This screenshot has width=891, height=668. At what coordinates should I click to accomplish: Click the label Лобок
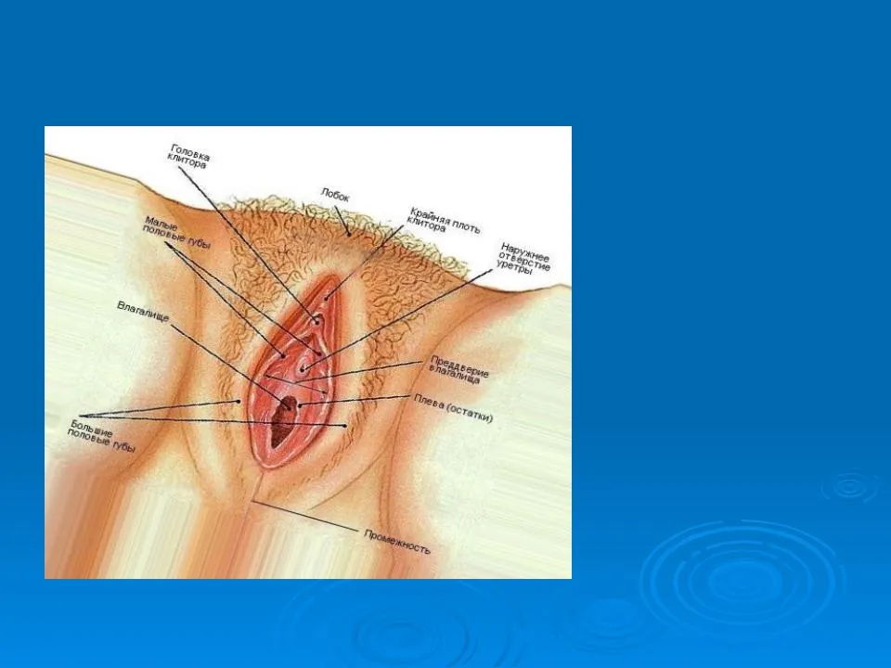point(335,196)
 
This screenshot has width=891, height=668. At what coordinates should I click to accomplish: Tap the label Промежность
point(397,541)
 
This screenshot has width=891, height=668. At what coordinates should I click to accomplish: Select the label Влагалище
point(143,312)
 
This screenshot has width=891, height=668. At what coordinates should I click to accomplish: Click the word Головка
point(190,152)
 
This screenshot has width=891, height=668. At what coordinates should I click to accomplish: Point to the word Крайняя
point(429,217)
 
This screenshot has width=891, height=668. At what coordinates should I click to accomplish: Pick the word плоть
point(466,226)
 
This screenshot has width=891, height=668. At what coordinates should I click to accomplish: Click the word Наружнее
point(525,252)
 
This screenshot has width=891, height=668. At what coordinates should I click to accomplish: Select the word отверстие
point(523,262)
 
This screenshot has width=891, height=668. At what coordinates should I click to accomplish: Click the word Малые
point(158,222)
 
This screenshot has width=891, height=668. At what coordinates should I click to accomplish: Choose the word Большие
point(92,429)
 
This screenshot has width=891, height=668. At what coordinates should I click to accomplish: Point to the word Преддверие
point(459,366)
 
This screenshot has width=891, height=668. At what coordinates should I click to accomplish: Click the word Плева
point(429,401)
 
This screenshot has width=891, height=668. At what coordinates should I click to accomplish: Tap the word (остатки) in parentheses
point(471,411)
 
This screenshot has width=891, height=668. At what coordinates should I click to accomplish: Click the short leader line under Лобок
point(342,221)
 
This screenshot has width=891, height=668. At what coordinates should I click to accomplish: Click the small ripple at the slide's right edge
point(850,486)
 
